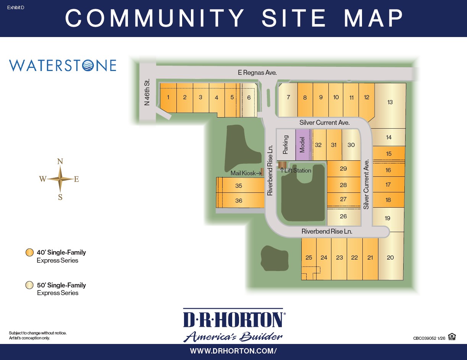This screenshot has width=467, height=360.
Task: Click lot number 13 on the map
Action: tap(390, 102)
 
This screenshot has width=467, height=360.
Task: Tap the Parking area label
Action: tap(285, 145)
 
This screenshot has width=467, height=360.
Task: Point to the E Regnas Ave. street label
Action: tap(257, 73)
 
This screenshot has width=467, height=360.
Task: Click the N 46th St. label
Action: tap(147, 92)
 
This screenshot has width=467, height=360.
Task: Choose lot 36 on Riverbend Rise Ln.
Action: tap(239, 200)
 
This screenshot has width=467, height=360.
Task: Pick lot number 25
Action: tap(309, 257)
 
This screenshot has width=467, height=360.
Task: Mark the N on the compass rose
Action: tap(60, 161)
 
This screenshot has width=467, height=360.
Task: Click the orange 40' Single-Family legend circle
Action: tap(29, 252)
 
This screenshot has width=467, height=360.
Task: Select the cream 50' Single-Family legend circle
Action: tap(29, 285)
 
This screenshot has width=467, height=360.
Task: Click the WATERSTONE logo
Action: tap(63, 65)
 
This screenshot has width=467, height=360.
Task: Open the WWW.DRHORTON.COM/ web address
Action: tap(233, 351)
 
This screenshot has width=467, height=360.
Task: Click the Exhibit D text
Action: tap(16, 8)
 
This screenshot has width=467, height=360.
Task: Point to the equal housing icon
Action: tap(452, 337)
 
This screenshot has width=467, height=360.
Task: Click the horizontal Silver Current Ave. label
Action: tap(324, 123)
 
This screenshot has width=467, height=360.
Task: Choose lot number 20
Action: tap(390, 257)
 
